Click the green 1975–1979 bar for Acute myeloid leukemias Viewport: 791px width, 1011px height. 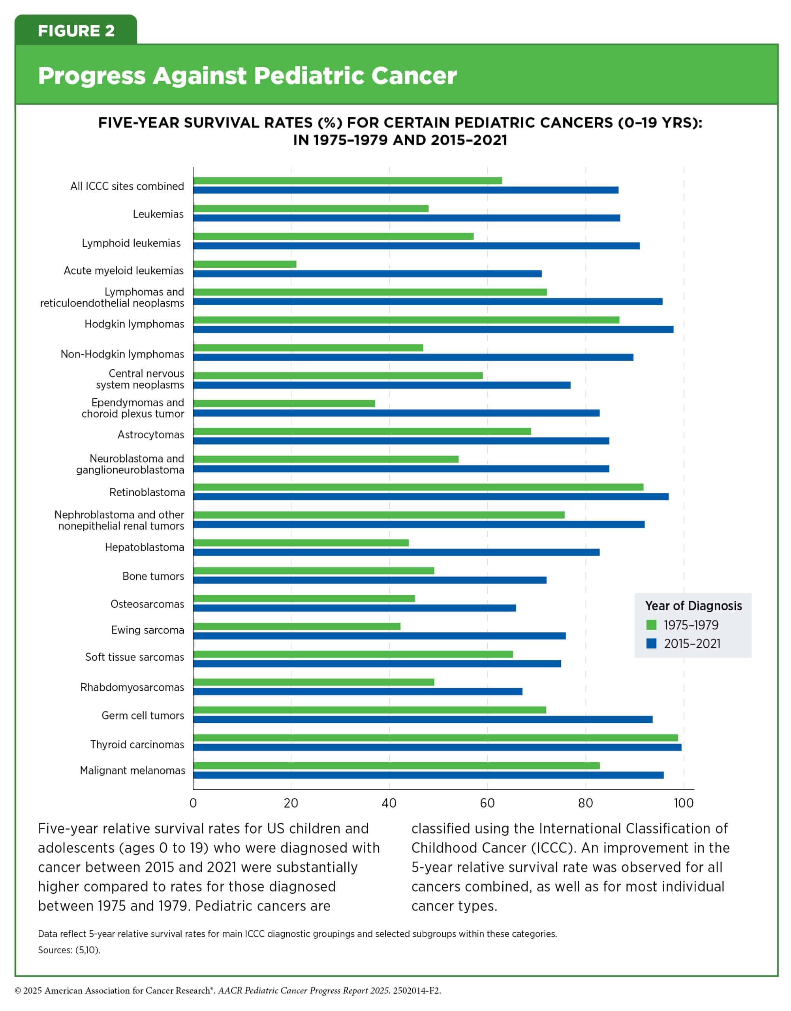pos(244,264)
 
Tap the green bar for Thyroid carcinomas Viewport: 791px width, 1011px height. pos(435,738)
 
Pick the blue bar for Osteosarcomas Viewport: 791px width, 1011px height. pos(354,608)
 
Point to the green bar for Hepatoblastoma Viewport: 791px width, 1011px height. pos(301,543)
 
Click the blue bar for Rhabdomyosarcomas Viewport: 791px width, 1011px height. pos(357,692)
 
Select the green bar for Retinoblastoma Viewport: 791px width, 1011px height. pos(418,487)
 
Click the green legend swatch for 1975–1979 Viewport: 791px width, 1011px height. pos(651,625)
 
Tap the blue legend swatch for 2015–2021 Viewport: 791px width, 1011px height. pos(651,643)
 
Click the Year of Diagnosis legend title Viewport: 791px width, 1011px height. pos(693,606)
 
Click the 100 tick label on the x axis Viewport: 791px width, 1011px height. pos(684,803)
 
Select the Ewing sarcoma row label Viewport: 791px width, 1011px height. pos(148,630)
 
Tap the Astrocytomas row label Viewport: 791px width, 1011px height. pos(151,435)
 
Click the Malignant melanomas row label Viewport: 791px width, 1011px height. pos(132,770)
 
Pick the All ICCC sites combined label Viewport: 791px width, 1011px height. pos(127,186)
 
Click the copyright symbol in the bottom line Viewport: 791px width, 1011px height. pos(18,990)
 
